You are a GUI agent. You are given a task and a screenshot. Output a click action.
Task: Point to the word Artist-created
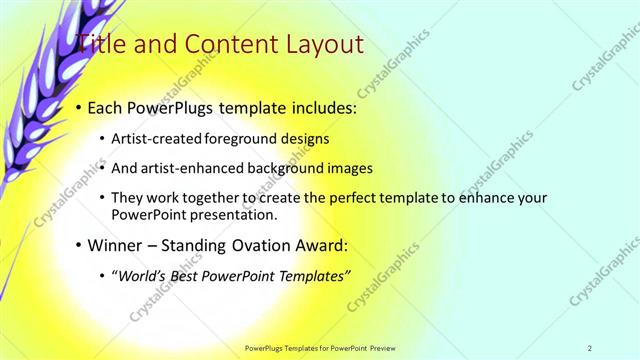pos(160,138)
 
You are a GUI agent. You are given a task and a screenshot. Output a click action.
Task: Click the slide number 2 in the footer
pos(590,348)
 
